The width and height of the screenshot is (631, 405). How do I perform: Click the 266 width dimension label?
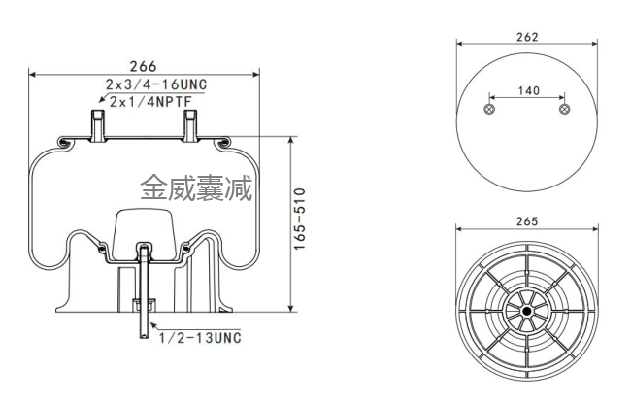coord(143,65)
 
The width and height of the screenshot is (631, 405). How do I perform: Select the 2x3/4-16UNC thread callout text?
coord(156,85)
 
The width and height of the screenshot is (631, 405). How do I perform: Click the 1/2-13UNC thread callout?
coord(201,337)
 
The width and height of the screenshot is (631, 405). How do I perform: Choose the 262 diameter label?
coord(527,36)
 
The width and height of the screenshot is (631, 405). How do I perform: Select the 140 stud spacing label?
coord(527,90)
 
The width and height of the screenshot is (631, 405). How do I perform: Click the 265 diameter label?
coord(527,221)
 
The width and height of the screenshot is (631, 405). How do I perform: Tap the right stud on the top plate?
coord(190,125)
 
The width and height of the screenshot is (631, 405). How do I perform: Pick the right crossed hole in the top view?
coord(564,111)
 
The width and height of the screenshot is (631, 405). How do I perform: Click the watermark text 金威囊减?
coord(195,186)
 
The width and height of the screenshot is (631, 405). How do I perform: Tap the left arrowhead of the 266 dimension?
coord(32,74)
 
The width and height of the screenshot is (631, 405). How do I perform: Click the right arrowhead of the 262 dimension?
coord(593,44)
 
